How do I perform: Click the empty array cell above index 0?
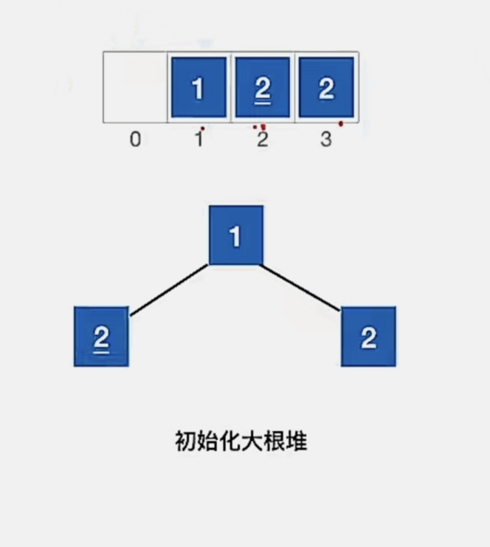135,87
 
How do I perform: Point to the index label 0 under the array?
135,140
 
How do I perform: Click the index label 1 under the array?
198,140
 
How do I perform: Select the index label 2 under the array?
262,140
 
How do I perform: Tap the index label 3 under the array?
326,140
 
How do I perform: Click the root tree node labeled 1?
235,236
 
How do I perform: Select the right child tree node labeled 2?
368,337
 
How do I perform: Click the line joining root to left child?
169,290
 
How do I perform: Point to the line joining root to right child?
301,287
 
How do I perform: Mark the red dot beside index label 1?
203,128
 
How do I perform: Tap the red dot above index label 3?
340,124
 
